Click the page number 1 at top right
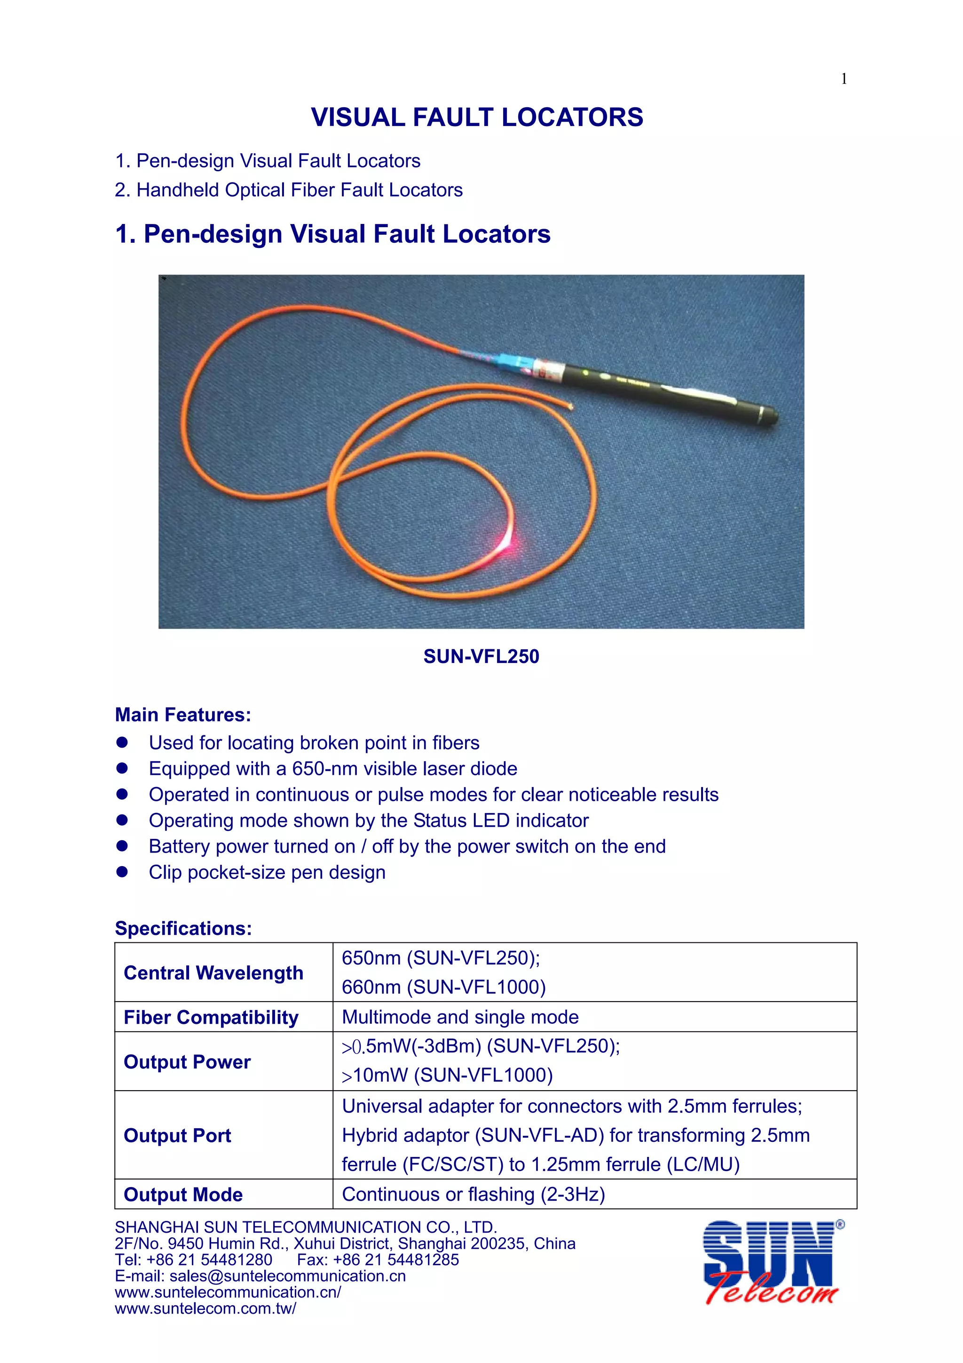[x=844, y=79]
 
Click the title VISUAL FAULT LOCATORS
[x=477, y=118]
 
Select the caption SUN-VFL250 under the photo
[x=481, y=657]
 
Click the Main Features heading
[x=183, y=715]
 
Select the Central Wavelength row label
[x=213, y=973]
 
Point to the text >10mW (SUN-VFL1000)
[x=447, y=1075]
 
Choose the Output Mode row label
[x=183, y=1195]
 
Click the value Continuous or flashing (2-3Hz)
[x=473, y=1195]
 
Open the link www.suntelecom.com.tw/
[x=205, y=1308]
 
